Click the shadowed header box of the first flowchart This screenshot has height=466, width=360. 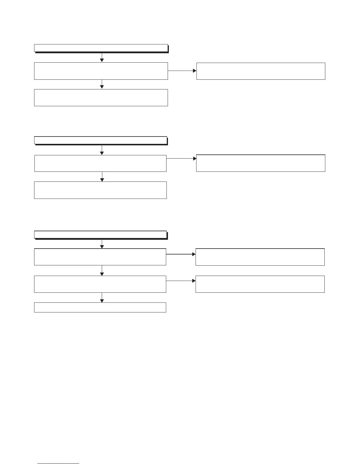101,48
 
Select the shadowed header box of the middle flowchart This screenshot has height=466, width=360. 100,140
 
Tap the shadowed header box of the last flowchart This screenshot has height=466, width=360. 100,234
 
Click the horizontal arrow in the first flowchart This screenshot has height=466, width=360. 182,71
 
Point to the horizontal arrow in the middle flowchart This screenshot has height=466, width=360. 181,158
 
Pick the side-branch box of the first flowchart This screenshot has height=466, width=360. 261,71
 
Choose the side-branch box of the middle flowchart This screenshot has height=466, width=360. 261,163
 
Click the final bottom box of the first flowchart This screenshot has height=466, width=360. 101,97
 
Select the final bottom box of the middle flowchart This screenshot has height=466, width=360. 100,190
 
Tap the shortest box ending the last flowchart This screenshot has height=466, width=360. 100,307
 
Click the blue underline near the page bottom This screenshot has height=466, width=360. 58,464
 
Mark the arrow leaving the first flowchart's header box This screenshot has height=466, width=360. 102,57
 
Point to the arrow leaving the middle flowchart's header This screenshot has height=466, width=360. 102,150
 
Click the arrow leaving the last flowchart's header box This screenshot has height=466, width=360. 102,244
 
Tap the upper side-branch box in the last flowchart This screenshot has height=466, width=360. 260,257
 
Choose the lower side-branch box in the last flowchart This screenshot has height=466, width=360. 260,284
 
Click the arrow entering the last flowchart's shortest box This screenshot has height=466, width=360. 102,297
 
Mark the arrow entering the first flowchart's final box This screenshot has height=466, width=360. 102,84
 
